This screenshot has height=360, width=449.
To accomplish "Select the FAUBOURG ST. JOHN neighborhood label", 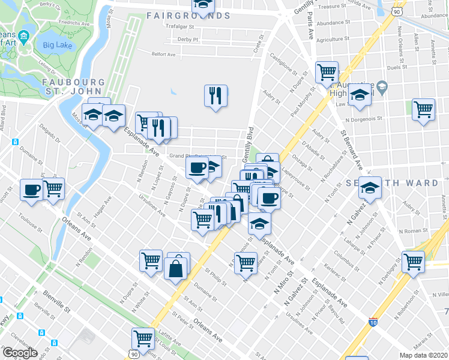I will pos(73,86).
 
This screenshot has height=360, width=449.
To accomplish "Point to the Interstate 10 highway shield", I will pos(373,322).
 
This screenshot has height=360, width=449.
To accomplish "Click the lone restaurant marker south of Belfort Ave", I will pos(215,95).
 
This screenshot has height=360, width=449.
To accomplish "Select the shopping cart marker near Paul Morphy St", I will pos(327,73).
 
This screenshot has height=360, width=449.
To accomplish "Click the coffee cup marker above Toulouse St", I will pos(31,190).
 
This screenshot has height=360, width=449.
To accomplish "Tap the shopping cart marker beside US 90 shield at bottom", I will pos(143,338).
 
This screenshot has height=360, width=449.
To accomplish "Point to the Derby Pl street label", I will pos(187,39).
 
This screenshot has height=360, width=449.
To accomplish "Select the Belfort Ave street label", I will pos(163,54).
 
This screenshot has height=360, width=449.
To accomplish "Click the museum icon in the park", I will pos(23,37).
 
